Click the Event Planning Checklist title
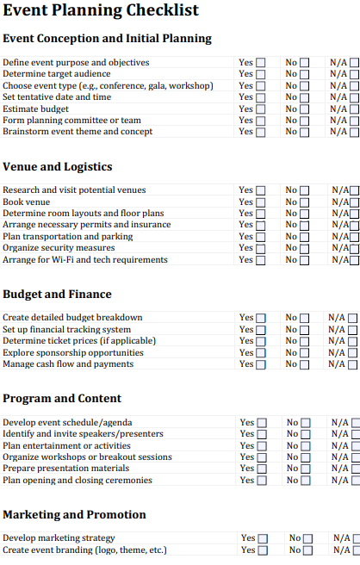pyautogui.click(x=101, y=11)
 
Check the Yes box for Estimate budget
pyautogui.click(x=261, y=109)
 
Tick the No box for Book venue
pyautogui.click(x=305, y=202)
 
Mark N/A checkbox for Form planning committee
pyautogui.click(x=354, y=121)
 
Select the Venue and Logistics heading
pyautogui.click(x=58, y=167)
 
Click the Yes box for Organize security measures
pyautogui.click(x=261, y=249)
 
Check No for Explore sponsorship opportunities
pyautogui.click(x=305, y=353)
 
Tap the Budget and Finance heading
pyautogui.click(x=57, y=295)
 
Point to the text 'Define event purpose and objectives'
pyautogui.click(x=76, y=63)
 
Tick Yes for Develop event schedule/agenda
pyautogui.click(x=262, y=423)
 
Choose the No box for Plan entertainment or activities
pyautogui.click(x=306, y=446)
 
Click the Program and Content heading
pyautogui.click(x=62, y=399)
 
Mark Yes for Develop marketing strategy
pyautogui.click(x=264, y=539)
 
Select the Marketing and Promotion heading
pyautogui.click(x=74, y=515)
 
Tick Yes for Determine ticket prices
pyautogui.click(x=261, y=341)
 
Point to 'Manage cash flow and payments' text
pyautogui.click(x=68, y=364)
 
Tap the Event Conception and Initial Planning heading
pyautogui.click(x=107, y=39)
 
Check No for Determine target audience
pyautogui.click(x=304, y=75)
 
